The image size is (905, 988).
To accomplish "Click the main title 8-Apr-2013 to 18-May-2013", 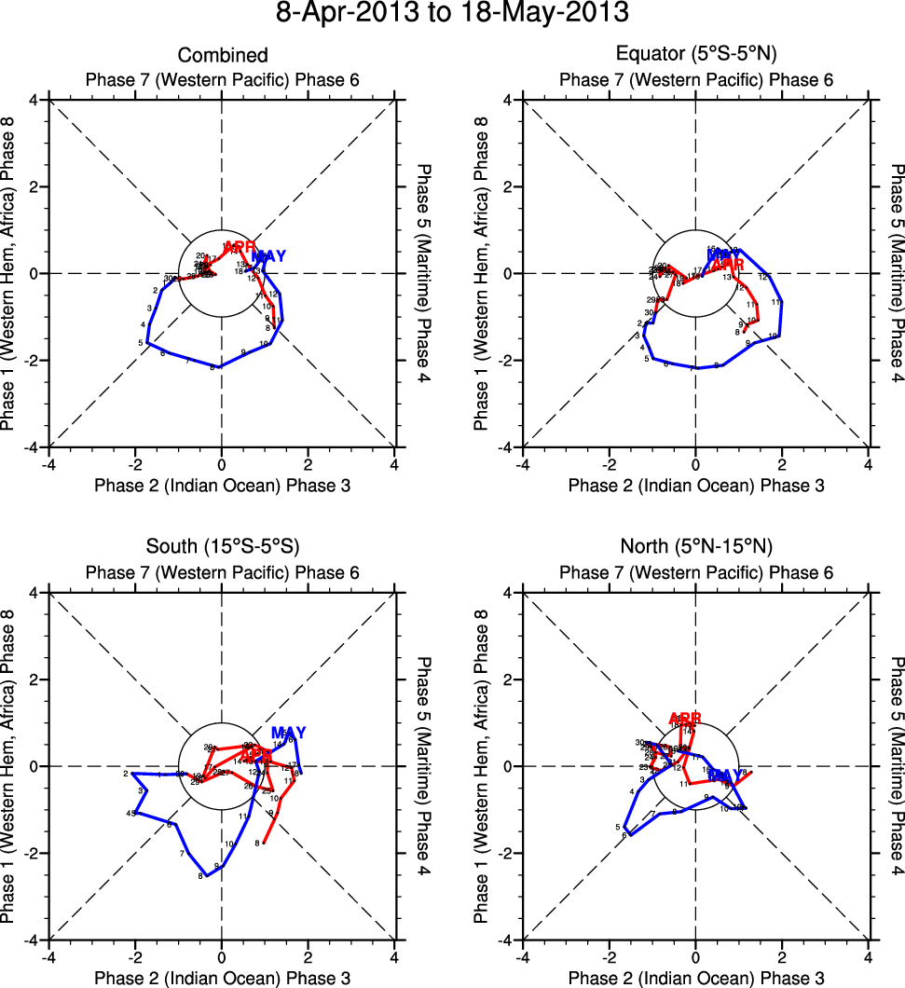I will (452, 14).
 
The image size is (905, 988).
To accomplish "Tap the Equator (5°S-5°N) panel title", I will (695, 56).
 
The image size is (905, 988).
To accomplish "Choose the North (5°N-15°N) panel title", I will (695, 546).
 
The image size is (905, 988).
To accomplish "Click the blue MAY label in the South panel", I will (288, 733).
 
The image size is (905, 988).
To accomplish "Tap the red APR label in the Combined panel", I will (240, 246).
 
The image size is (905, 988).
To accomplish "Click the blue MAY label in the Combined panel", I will (269, 256).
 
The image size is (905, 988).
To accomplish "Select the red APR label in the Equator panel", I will (728, 265).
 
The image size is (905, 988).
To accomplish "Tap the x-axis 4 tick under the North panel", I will (869, 955).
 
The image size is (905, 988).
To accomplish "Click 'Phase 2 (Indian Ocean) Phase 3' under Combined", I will (222, 485).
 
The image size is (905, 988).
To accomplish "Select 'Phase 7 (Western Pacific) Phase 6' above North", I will (695, 571).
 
